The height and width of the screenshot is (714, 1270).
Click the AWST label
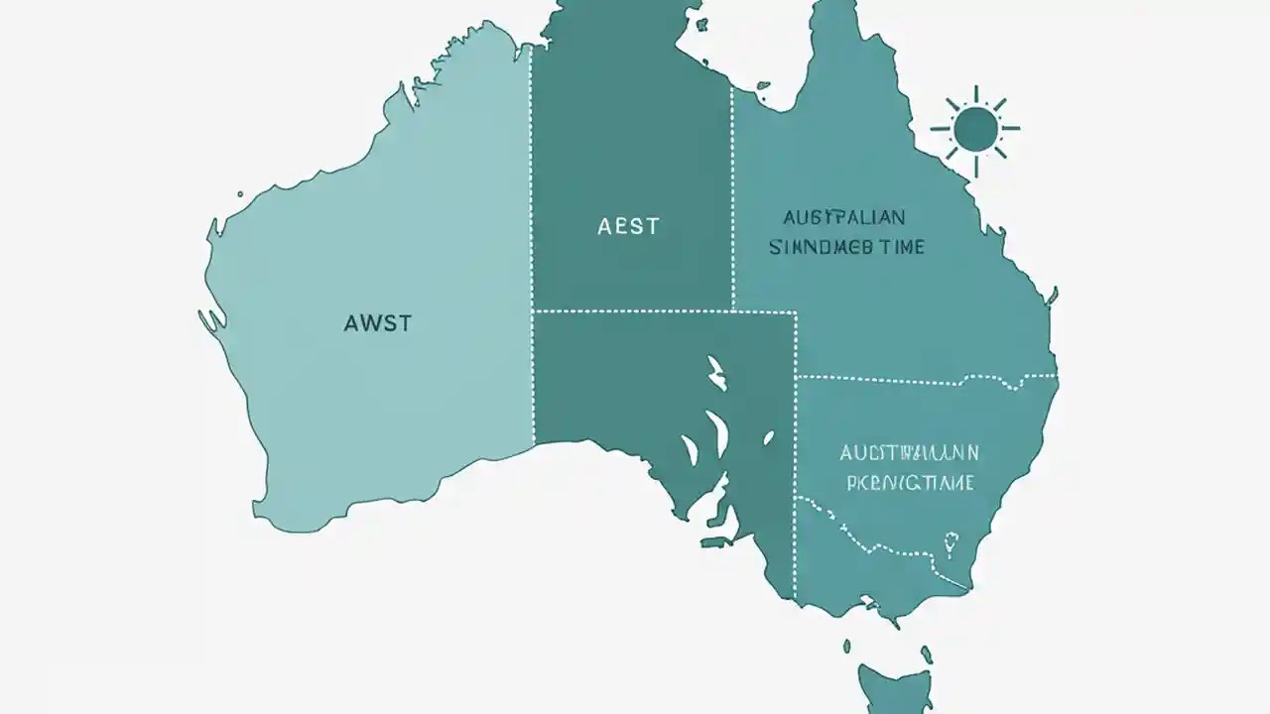coord(377,323)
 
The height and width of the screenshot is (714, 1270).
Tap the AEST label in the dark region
coord(628,226)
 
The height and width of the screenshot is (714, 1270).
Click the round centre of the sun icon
coord(975,129)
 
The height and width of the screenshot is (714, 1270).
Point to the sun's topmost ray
coord(975,94)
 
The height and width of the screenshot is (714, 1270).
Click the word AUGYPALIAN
coord(843,217)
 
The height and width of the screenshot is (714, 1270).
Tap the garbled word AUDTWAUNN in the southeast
coord(909,453)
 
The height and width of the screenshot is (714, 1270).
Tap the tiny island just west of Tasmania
coord(846,647)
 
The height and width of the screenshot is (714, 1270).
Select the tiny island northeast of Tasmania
coord(927,654)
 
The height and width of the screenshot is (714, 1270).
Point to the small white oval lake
coord(768,437)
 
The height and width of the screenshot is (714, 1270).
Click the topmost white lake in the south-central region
coord(715,371)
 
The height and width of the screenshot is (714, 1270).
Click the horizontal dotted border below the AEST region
coord(665,311)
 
